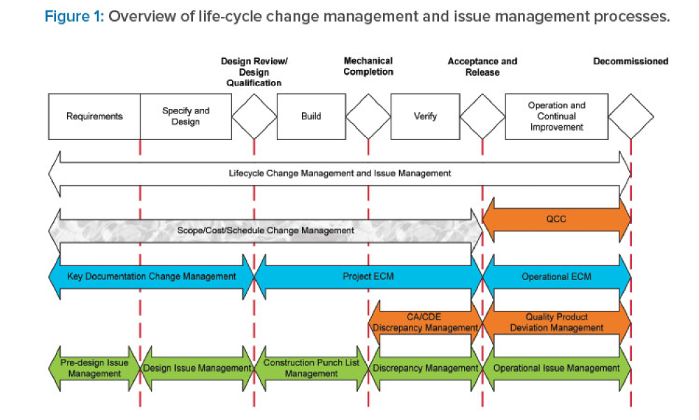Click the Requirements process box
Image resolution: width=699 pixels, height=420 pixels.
(x=94, y=116)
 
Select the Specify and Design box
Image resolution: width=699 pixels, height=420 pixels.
(x=185, y=116)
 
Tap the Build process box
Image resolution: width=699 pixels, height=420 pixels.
(x=311, y=116)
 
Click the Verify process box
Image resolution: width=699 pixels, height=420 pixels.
(x=425, y=116)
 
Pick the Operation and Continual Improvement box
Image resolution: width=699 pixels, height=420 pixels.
(x=556, y=116)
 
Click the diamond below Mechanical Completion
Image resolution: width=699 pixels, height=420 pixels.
(x=368, y=116)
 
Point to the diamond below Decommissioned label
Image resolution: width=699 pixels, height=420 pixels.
(x=630, y=116)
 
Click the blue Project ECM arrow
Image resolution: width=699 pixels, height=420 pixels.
(x=368, y=276)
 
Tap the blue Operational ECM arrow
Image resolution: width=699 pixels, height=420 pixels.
(x=556, y=276)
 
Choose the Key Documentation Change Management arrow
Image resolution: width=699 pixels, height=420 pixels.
(x=152, y=276)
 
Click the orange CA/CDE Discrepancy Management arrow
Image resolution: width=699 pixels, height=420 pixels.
(x=425, y=322)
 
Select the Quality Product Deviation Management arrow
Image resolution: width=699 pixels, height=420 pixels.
(x=556, y=322)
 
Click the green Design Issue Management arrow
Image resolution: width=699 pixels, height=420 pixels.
(x=197, y=368)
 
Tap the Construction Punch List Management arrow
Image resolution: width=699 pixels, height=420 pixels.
(x=311, y=368)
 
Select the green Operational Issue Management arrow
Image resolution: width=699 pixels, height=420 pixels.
(x=556, y=368)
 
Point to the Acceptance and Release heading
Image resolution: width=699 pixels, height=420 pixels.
(x=482, y=66)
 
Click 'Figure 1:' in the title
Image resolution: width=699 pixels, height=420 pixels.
(x=73, y=17)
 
